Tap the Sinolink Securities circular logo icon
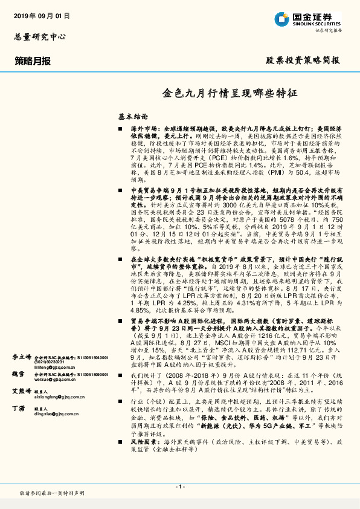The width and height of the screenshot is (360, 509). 281,19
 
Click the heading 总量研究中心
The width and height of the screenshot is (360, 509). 40,37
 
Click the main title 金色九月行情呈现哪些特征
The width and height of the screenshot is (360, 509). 230,94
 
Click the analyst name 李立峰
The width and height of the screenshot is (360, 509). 21,358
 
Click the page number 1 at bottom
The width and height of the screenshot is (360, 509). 179,486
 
